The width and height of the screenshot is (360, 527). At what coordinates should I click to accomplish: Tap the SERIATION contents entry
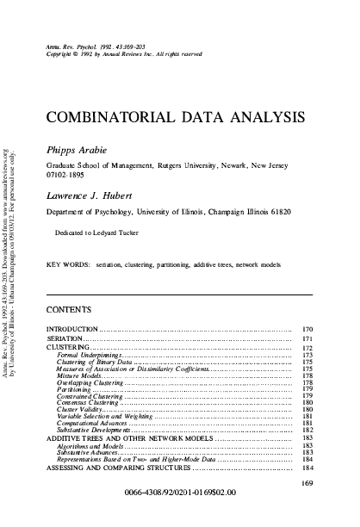pyautogui.click(x=63, y=342)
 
